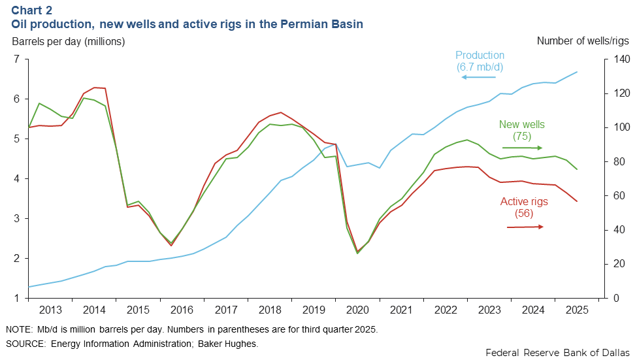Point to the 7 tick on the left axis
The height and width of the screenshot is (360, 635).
pyautogui.click(x=16, y=59)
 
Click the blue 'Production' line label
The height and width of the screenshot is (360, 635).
pyautogui.click(x=480, y=56)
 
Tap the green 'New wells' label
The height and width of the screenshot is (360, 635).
pyautogui.click(x=521, y=124)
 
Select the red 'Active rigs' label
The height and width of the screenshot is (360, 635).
pyautogui.click(x=524, y=202)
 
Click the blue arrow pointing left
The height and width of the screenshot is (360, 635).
pyautogui.click(x=478, y=77)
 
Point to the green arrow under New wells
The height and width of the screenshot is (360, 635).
pyautogui.click(x=522, y=148)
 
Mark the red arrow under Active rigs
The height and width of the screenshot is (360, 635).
pyautogui.click(x=525, y=227)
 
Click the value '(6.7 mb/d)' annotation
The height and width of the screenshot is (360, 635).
pyautogui.click(x=480, y=67)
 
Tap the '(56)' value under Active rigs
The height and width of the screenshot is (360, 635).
pyautogui.click(x=525, y=213)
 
